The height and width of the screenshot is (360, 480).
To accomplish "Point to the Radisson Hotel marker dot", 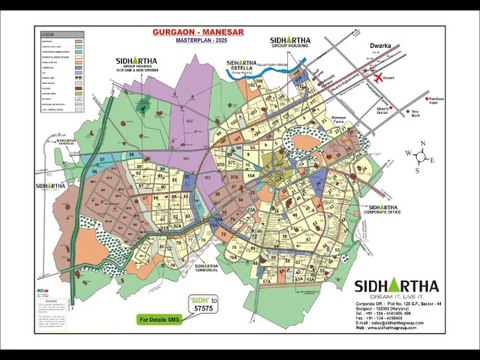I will coord(427,99).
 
